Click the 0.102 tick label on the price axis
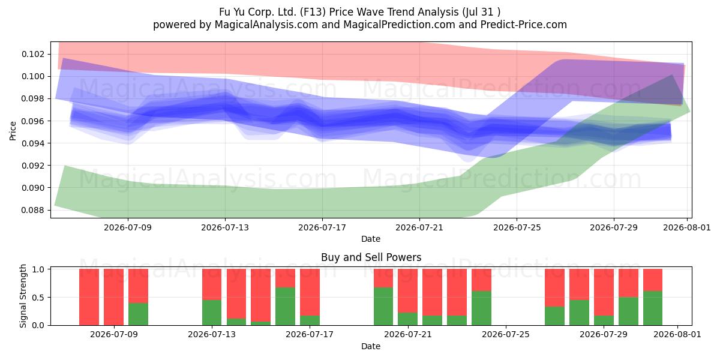pyautogui.click(x=32, y=54)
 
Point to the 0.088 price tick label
pyautogui.click(x=32, y=210)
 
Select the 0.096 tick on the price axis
pyautogui.click(x=32, y=121)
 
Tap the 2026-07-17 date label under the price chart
pyautogui.click(x=322, y=227)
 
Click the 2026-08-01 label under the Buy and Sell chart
pyautogui.click(x=677, y=334)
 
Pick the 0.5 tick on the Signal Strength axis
pyautogui.click(x=38, y=298)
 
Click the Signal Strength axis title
pyautogui.click(x=23, y=296)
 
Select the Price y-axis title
pyautogui.click(x=13, y=131)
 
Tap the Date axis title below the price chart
pyautogui.click(x=371, y=239)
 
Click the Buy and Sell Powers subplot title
pyautogui.click(x=371, y=257)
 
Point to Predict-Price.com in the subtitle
pyautogui.click(x=524, y=25)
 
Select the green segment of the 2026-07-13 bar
pyautogui.click(x=212, y=313)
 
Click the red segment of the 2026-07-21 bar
pyautogui.click(x=407, y=290)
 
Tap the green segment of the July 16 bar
pyautogui.click(x=285, y=307)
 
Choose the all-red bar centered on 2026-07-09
pyautogui.click(x=113, y=297)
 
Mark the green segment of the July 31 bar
pyautogui.click(x=653, y=308)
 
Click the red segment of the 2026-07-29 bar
pyautogui.click(x=604, y=292)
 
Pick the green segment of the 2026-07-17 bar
pyautogui.click(x=310, y=320)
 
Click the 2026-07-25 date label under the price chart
pyautogui.click(x=517, y=227)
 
